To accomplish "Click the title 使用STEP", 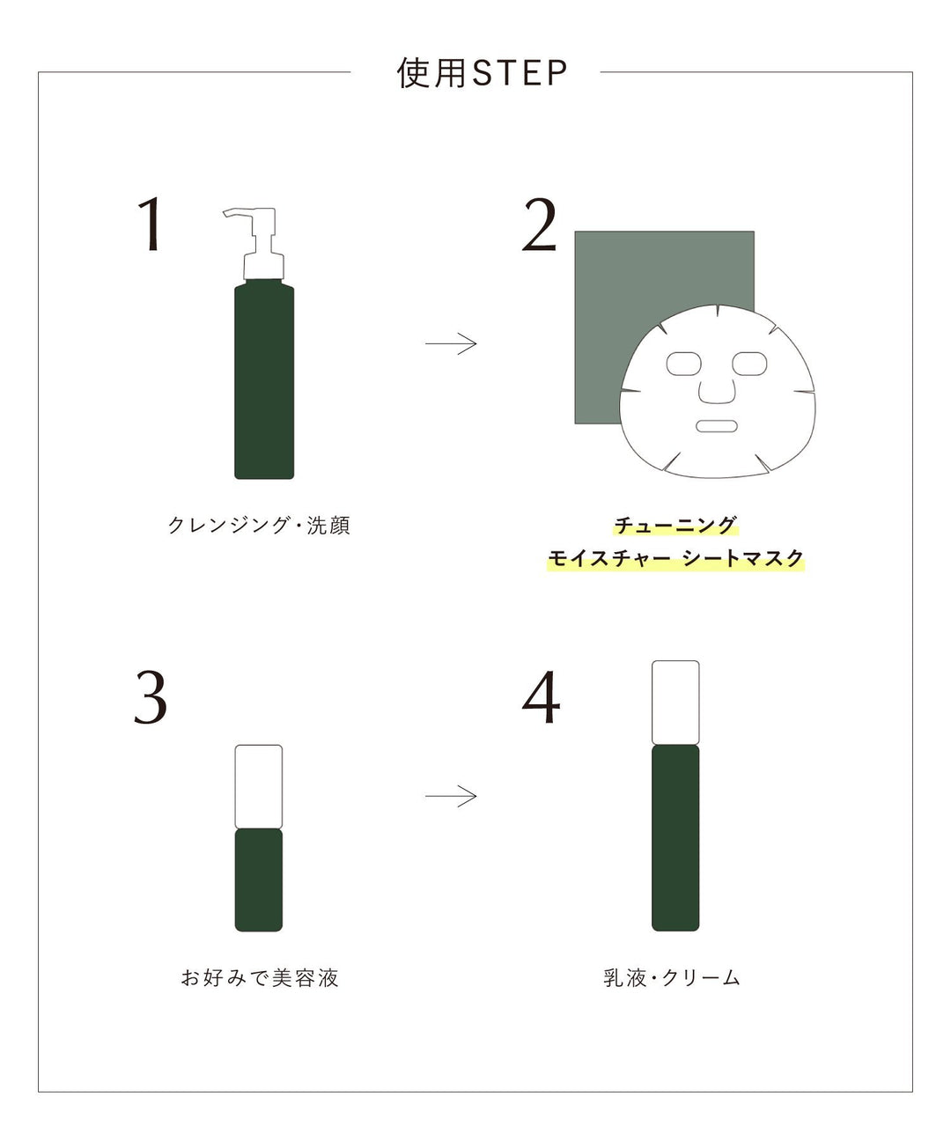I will click(482, 73).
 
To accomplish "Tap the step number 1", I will click(151, 225).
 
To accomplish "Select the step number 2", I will click(539, 225).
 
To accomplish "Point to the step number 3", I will click(151, 698).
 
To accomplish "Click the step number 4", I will click(541, 698).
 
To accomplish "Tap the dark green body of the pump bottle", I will click(264, 379).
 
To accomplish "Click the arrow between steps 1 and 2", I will click(451, 343).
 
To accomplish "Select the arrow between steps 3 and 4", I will click(451, 797).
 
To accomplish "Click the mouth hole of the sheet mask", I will click(716, 426).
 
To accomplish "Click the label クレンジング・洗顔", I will click(259, 526).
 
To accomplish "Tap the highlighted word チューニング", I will click(675, 526).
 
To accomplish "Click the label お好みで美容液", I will click(260, 978).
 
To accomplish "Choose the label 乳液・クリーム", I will click(672, 978).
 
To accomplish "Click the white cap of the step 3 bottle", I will click(259, 786).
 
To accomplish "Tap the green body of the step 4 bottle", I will click(675, 836).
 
